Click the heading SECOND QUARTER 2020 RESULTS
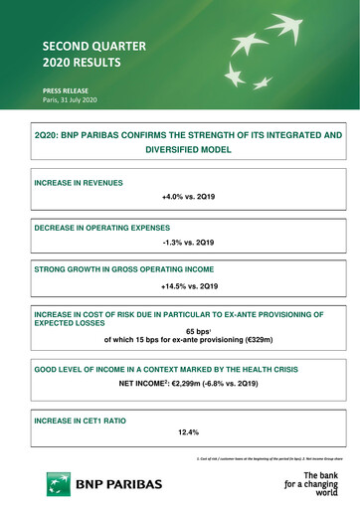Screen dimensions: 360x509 point(79,54)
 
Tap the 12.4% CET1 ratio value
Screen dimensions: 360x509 point(189,432)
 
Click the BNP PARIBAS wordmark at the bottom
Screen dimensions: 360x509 point(117,482)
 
